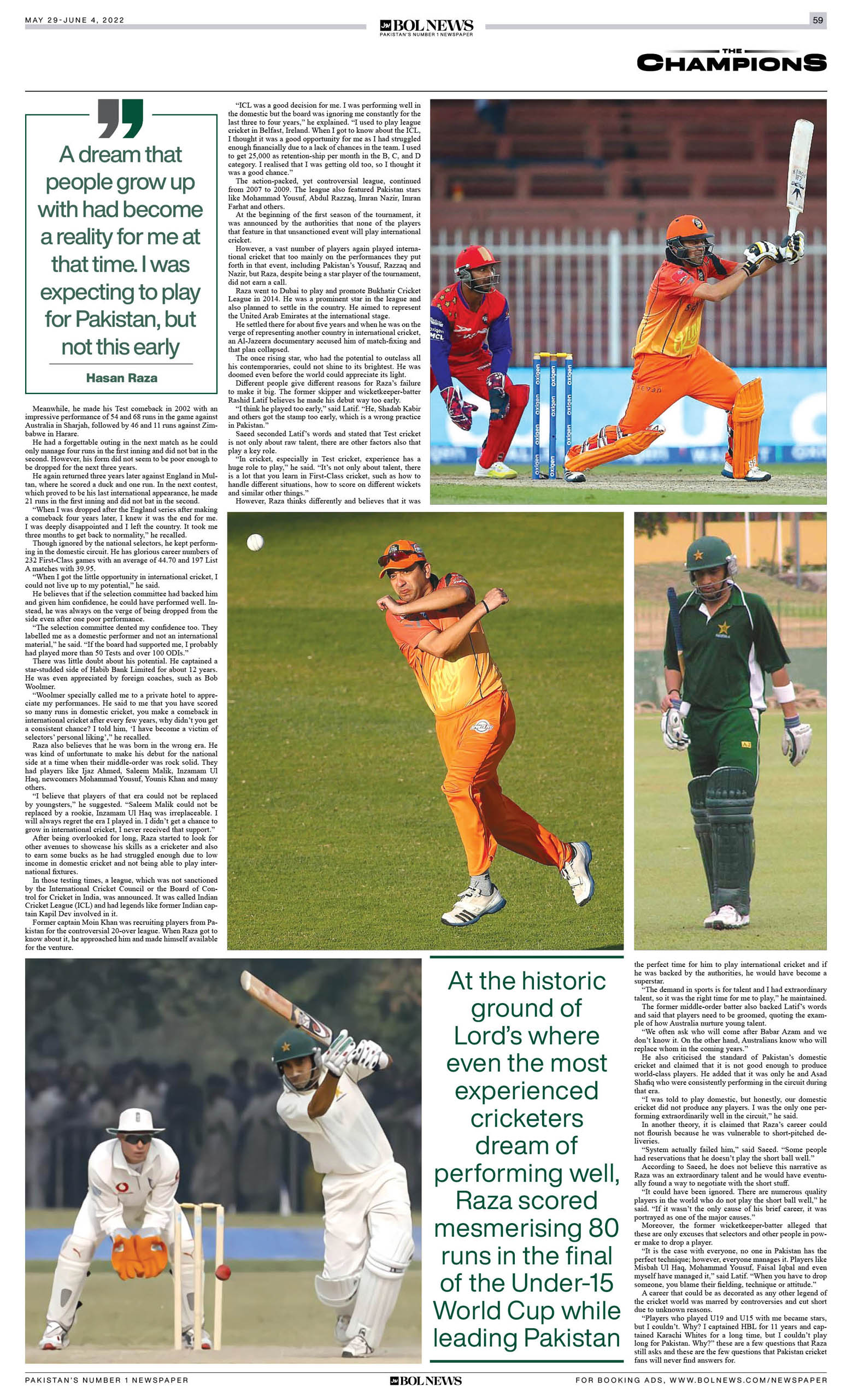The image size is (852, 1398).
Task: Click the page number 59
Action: (818, 20)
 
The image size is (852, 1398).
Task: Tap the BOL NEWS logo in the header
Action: (426, 26)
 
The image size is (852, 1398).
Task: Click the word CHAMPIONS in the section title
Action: (731, 63)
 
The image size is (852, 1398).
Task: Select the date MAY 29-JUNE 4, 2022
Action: (74, 20)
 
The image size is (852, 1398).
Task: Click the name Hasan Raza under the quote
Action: (121, 378)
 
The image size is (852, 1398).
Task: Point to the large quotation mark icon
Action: (121, 119)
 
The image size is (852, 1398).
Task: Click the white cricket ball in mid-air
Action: (255, 542)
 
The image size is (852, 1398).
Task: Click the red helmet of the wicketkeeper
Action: (477, 259)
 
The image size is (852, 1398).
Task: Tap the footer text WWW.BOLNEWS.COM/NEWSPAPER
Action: (748, 1380)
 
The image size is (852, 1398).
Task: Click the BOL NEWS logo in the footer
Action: (426, 1381)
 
